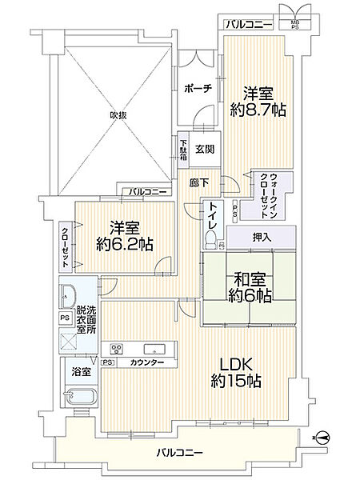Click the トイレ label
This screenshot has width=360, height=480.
tap(214, 217)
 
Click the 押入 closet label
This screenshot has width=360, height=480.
tap(262, 236)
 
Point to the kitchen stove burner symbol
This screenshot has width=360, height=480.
tap(117, 349)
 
